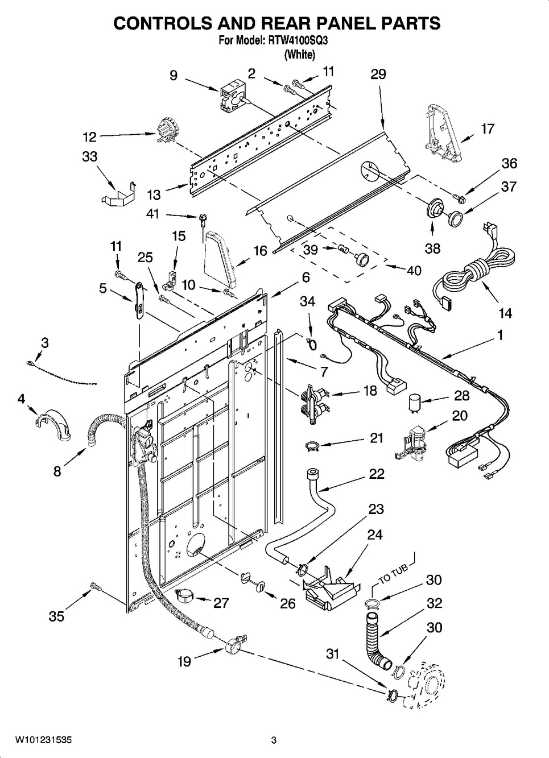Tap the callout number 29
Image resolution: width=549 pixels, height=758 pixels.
(x=378, y=74)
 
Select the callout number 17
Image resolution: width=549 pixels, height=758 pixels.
(x=487, y=129)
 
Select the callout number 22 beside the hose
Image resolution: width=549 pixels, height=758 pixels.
(x=376, y=474)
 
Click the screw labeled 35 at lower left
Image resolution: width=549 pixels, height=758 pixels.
(x=96, y=587)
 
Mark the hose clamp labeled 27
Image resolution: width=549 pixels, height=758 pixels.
(x=185, y=597)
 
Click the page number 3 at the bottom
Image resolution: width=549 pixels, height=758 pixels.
(x=274, y=740)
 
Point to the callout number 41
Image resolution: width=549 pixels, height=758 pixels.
(x=154, y=214)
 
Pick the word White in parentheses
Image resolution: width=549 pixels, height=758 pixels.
(x=299, y=54)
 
